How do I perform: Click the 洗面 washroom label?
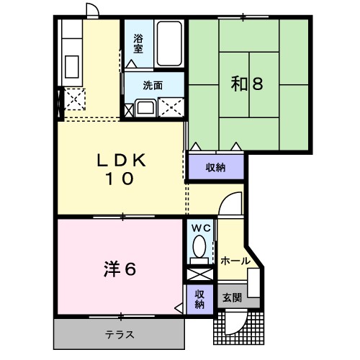point(152,85)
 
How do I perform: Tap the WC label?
point(200,228)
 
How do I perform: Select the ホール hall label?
point(235,260)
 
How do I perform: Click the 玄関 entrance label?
point(232,296)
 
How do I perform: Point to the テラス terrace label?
point(120,334)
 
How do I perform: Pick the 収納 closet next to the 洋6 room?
point(199,298)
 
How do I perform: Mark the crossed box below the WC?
point(199,274)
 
